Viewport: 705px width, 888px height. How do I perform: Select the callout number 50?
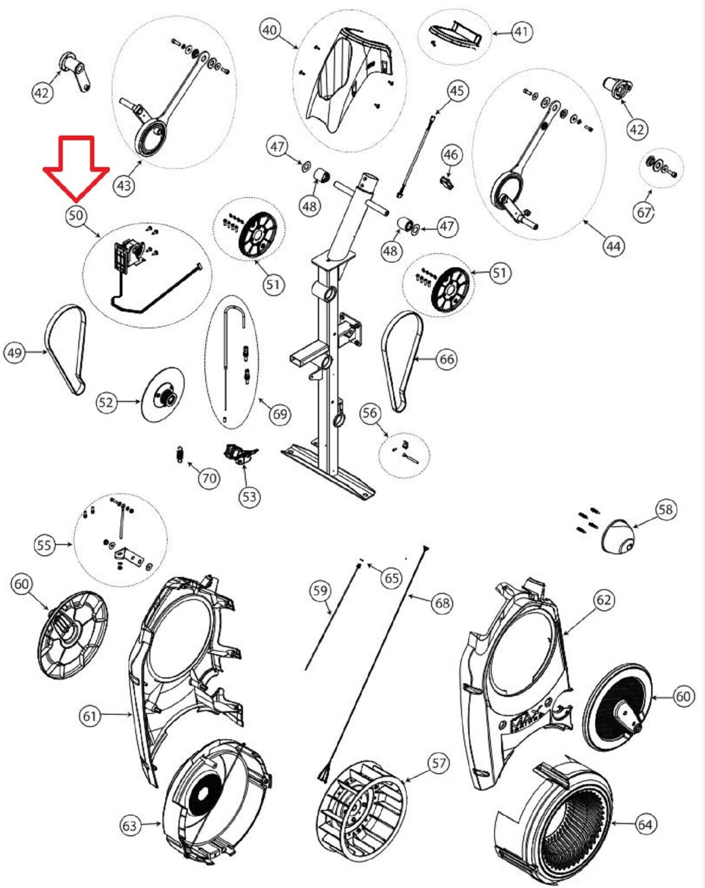pos(77,215)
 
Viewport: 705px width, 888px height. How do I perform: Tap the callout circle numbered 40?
pos(270,29)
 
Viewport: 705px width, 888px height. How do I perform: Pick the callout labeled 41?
pos(520,32)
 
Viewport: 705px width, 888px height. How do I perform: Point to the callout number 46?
pos(451,154)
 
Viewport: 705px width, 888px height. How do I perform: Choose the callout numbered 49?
pos(15,352)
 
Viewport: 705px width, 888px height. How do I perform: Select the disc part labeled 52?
pos(161,395)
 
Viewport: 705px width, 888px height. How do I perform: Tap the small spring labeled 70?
pos(179,453)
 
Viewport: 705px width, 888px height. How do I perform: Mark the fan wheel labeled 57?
pos(361,803)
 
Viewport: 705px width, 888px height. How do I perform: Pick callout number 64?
pos(645,824)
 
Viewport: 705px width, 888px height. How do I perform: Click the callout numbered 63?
pos(129,826)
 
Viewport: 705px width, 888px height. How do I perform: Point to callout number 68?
pos(442,603)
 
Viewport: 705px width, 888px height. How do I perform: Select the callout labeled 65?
pos(392,578)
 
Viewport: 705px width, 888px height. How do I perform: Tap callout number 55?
pos(44,545)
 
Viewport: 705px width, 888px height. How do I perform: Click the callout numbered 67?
pos(643,213)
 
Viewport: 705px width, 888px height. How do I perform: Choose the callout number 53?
pos(250,496)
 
